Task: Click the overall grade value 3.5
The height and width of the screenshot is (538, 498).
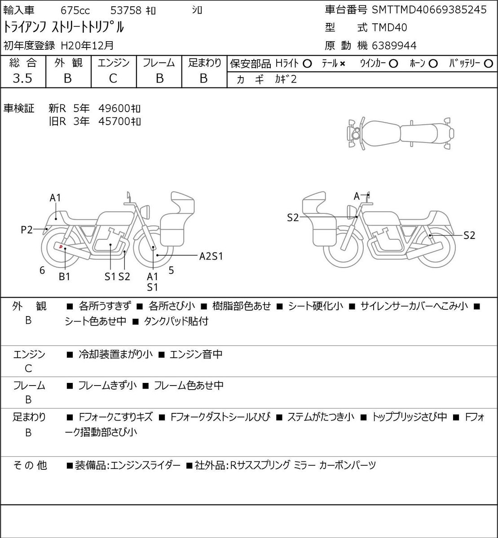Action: point(22,78)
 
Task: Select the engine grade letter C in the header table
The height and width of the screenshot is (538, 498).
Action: point(113,78)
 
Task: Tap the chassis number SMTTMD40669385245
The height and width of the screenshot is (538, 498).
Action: point(429,10)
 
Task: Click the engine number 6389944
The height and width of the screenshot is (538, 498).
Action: point(394,46)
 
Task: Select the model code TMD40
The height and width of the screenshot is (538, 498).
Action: point(389,28)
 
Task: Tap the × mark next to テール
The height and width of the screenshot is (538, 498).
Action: point(343,64)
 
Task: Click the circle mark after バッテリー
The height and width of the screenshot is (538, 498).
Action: point(488,64)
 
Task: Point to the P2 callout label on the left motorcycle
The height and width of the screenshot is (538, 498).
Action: point(26,230)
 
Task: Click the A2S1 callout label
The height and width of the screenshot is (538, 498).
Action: point(211,256)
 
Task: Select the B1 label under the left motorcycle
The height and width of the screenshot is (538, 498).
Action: point(65,277)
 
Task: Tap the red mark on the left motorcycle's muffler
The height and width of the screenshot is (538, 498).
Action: point(61,247)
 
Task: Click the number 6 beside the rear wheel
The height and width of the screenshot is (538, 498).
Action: point(42,270)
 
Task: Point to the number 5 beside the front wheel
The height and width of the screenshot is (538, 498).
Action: point(171,270)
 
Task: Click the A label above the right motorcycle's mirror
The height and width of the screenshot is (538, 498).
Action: point(357,196)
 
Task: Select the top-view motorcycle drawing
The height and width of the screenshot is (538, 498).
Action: point(401,133)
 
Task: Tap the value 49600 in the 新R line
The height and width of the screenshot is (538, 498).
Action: point(114,108)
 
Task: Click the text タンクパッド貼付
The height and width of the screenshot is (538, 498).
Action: point(176,321)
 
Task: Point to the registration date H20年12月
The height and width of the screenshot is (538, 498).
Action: point(87,46)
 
